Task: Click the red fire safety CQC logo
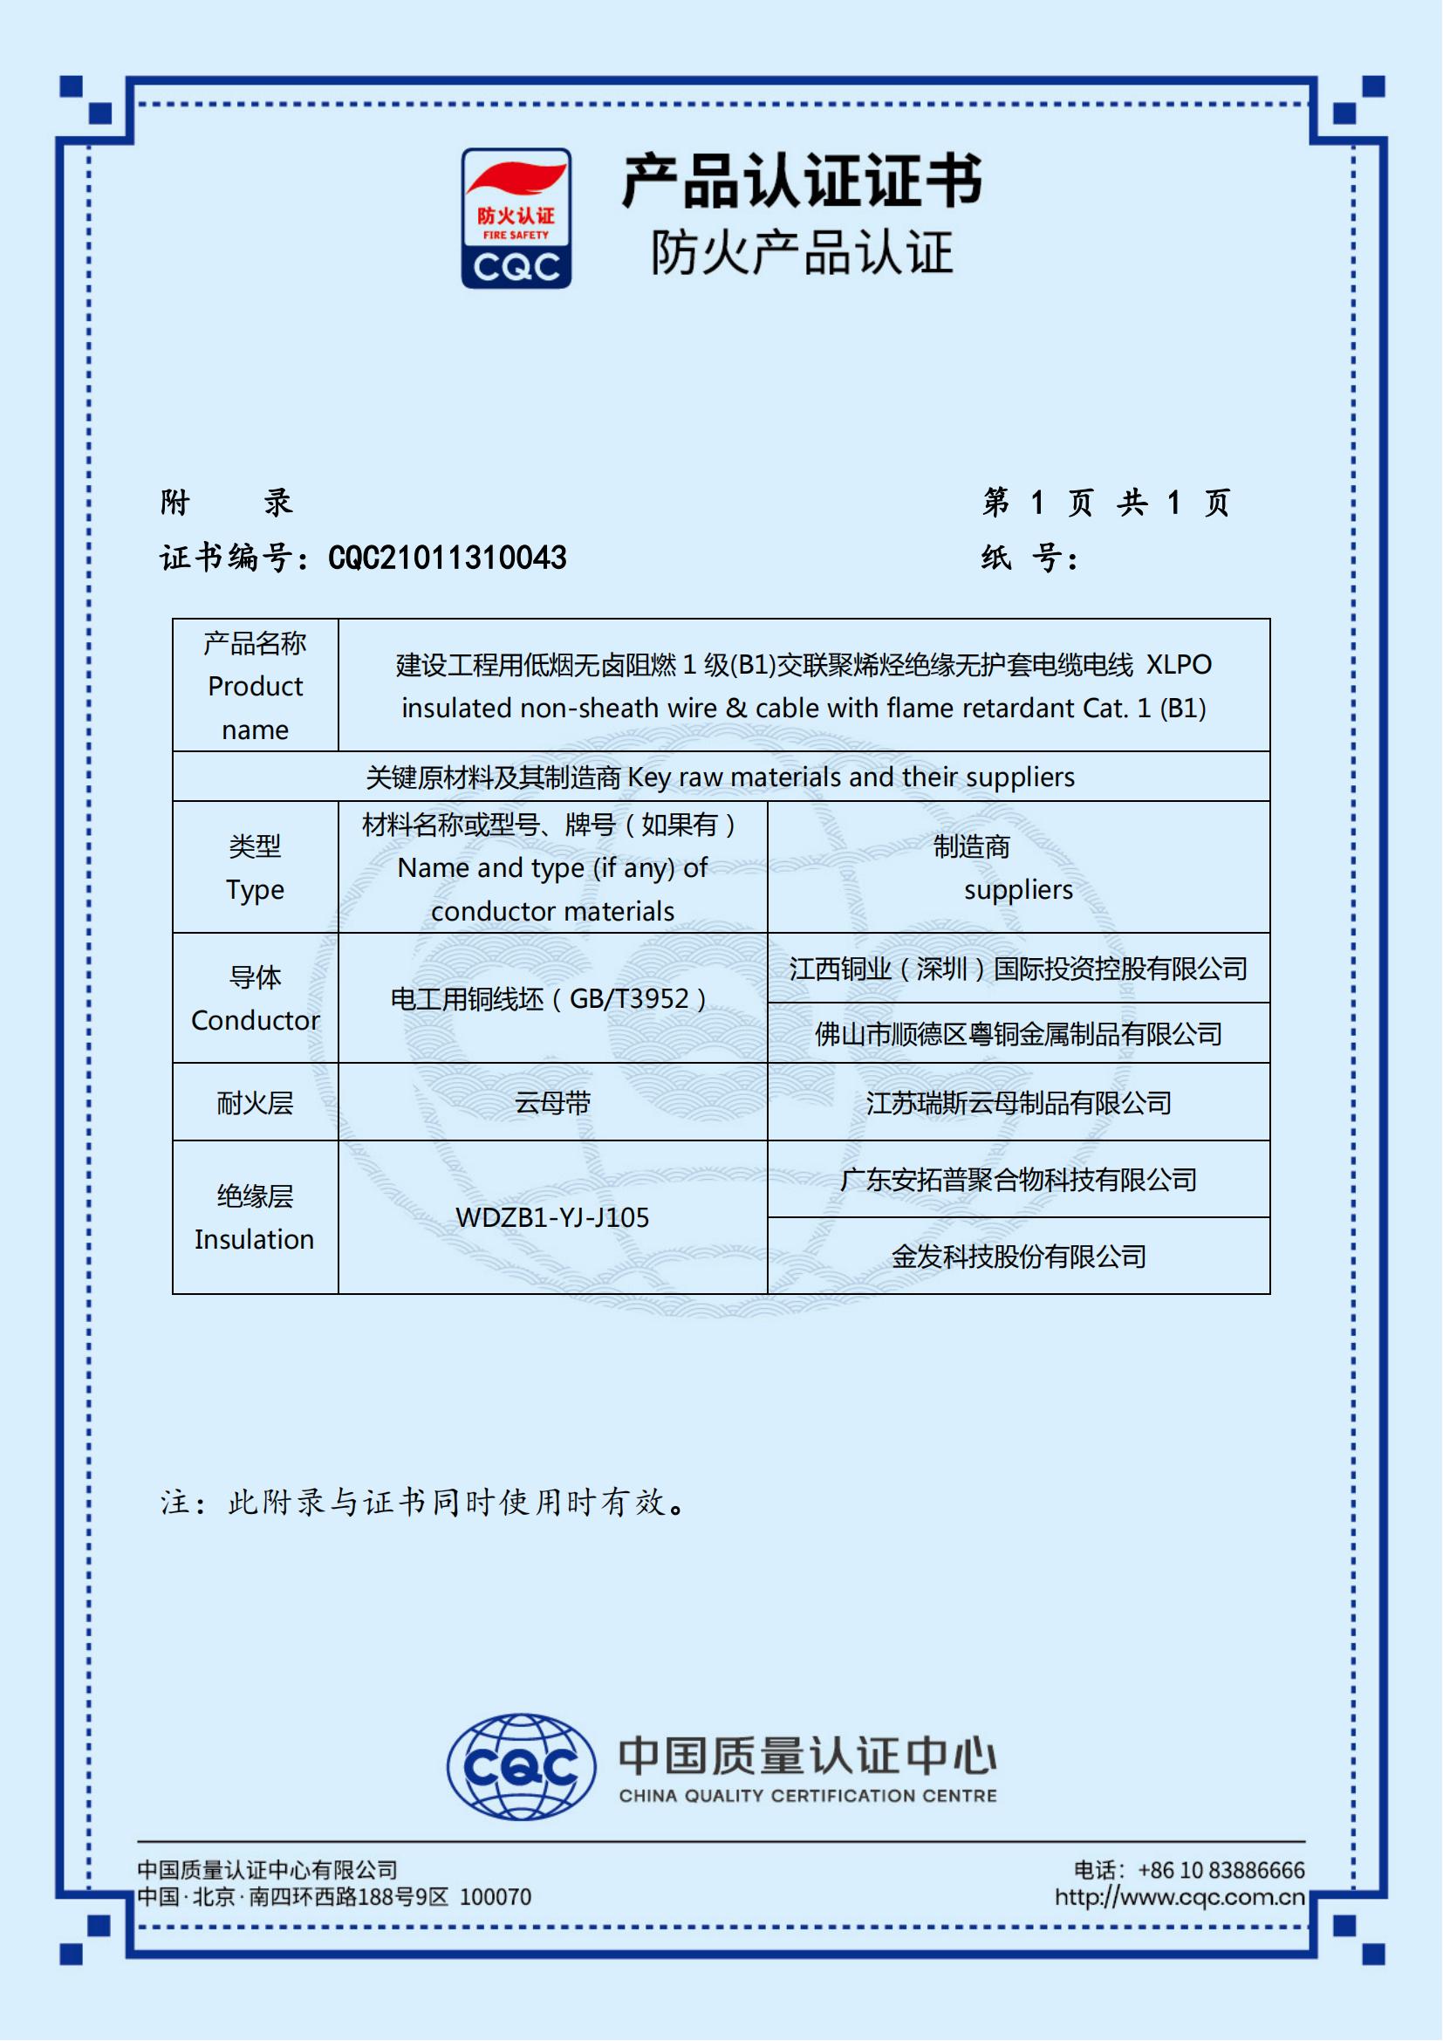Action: click(516, 218)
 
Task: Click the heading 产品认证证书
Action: click(802, 181)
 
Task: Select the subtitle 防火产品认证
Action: click(802, 252)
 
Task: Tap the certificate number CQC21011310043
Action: click(447, 558)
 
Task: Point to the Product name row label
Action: click(255, 685)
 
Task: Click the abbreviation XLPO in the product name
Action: click(1178, 665)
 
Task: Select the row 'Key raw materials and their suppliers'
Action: click(721, 777)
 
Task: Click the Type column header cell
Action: click(255, 867)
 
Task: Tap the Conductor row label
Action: click(255, 998)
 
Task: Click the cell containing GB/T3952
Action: click(551, 999)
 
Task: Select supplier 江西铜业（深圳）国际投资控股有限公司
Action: click(1018, 968)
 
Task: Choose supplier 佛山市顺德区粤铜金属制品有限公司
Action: click(1018, 1034)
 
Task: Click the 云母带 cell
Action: click(551, 1103)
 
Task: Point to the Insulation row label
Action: click(255, 1217)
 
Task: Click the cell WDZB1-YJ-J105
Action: click(551, 1217)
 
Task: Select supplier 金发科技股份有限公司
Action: click(1018, 1256)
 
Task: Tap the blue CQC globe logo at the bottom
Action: click(522, 1766)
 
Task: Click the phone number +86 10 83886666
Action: click(1221, 1870)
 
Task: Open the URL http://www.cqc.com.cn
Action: click(1180, 1897)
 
